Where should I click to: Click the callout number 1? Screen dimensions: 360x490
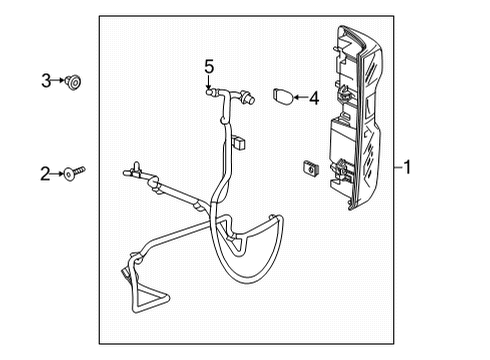pos(409,167)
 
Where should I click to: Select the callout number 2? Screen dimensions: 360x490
pos(45,175)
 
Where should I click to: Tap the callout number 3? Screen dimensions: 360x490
pos(45,80)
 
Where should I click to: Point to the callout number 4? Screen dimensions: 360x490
pos(313,98)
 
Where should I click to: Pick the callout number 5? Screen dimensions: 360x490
pos(209,66)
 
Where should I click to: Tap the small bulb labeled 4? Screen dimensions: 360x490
pos(281,97)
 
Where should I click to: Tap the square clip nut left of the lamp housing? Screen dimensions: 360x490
pos(309,169)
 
